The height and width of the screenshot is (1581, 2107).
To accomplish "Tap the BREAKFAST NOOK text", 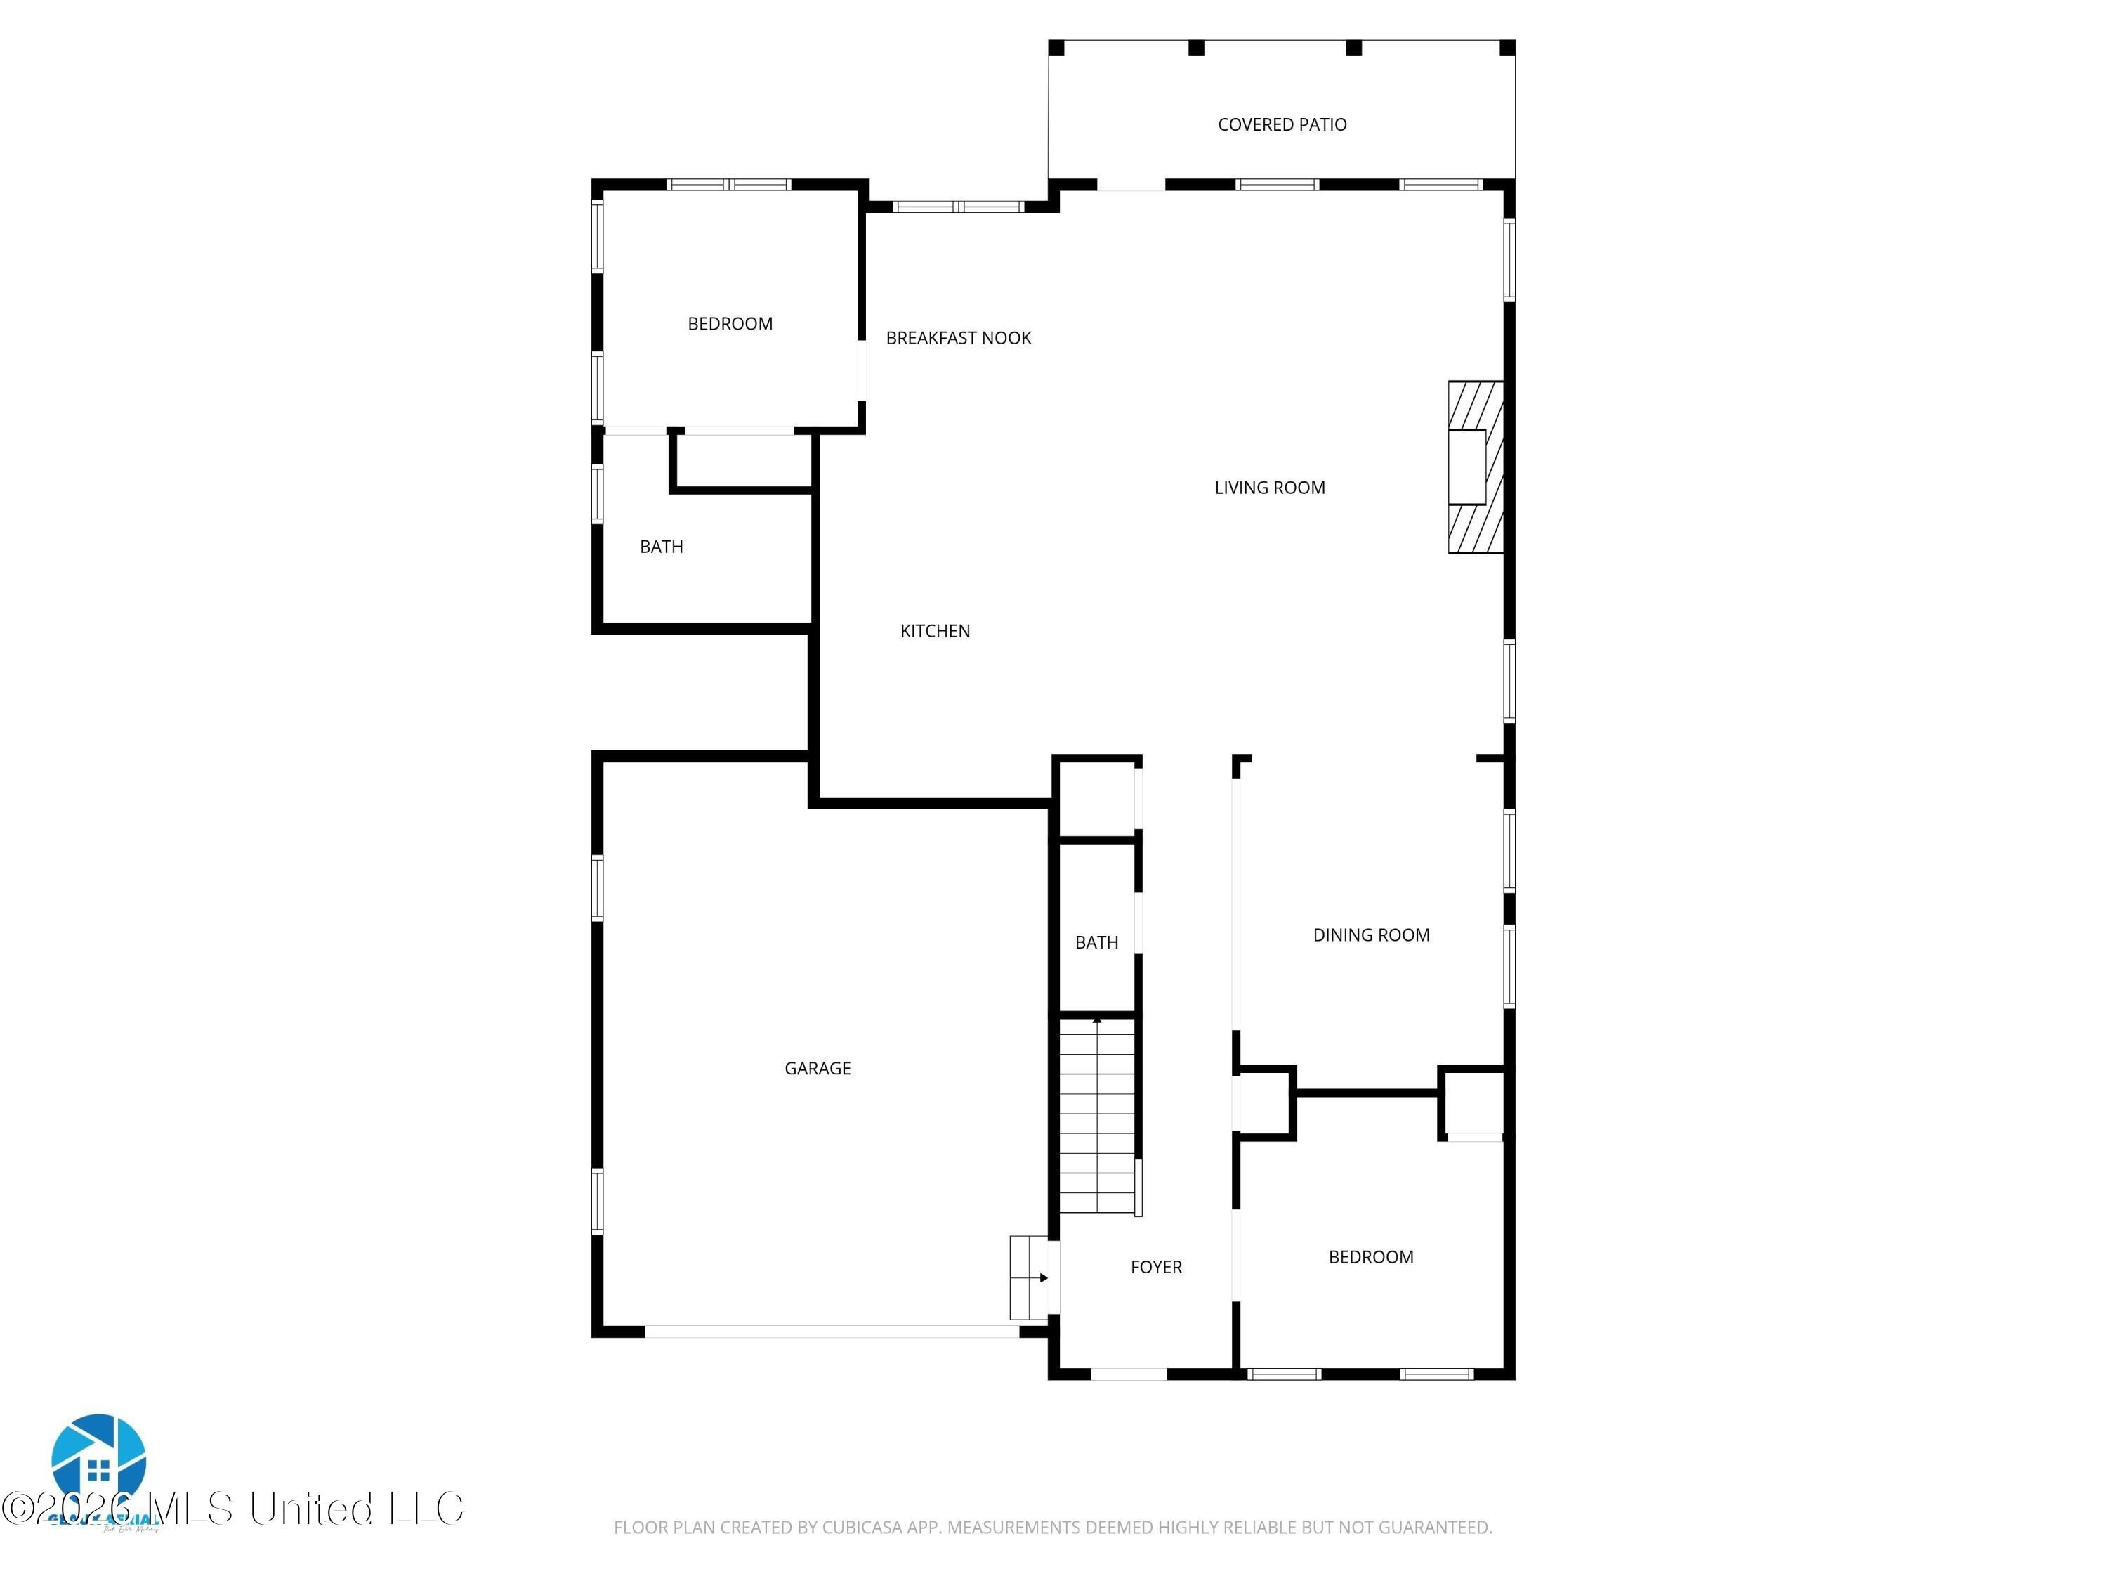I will pyautogui.click(x=958, y=338).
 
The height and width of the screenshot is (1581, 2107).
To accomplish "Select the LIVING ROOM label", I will pyautogui.click(x=1269, y=488).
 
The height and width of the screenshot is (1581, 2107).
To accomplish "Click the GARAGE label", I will pyautogui.click(x=818, y=1068).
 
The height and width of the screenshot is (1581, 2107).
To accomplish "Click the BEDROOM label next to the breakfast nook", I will pyautogui.click(x=730, y=324).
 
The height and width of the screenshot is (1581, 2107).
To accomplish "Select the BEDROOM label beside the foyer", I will pyautogui.click(x=1371, y=1257).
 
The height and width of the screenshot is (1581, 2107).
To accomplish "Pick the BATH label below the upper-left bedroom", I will pyautogui.click(x=661, y=547).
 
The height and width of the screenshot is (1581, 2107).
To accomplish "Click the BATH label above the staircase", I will pyautogui.click(x=1096, y=942).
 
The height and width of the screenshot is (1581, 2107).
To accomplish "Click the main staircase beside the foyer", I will pyautogui.click(x=1097, y=1115).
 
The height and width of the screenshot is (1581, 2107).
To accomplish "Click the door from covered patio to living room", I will pyautogui.click(x=1131, y=185).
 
